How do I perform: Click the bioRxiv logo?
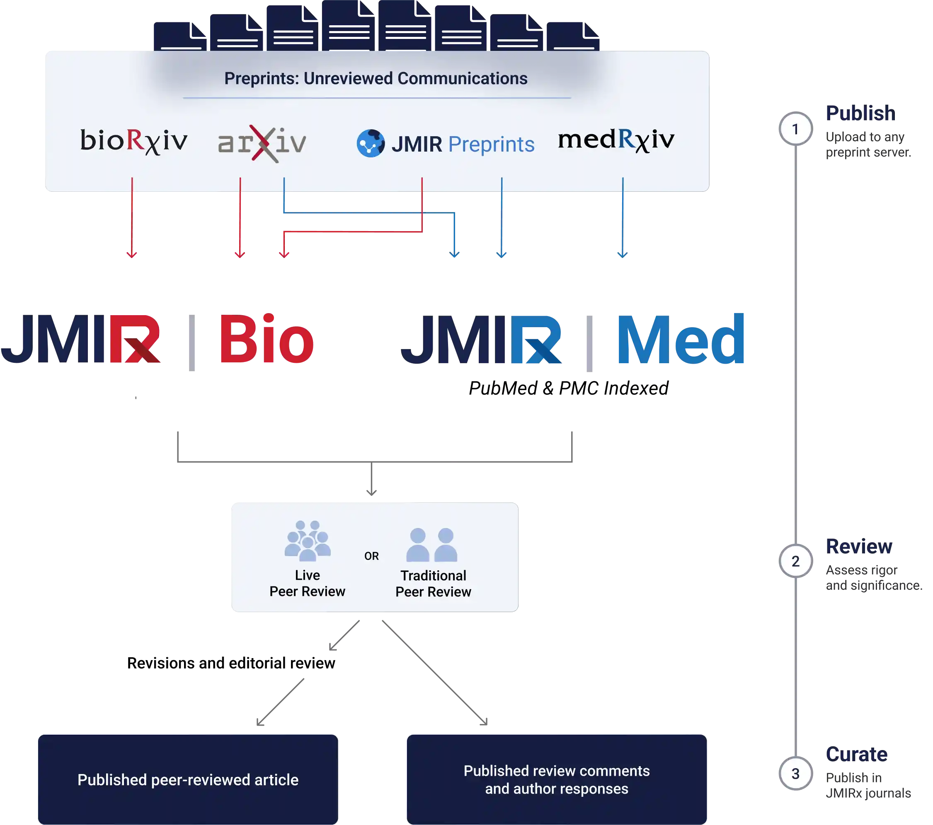point(134,141)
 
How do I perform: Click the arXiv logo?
point(262,143)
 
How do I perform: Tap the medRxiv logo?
point(616,140)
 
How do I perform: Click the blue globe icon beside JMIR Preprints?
point(370,144)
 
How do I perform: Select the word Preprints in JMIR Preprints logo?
point(491,145)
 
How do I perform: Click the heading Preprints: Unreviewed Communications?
point(376,78)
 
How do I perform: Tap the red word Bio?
point(266,340)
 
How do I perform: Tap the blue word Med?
point(681,340)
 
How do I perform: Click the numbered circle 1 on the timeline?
point(795,129)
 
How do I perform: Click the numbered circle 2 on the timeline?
point(795,561)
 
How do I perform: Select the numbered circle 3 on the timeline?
point(795,774)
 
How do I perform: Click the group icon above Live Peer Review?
point(307,541)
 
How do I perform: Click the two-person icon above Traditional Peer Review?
point(432,545)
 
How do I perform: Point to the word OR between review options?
point(371,556)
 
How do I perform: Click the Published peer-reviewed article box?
point(188,779)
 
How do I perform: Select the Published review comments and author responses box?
point(556,779)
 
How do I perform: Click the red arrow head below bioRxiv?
point(132,254)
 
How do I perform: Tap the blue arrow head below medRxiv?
point(623,254)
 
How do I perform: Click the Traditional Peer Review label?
point(433,583)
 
